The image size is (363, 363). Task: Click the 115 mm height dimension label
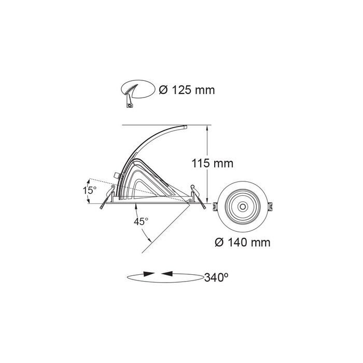click(213, 163)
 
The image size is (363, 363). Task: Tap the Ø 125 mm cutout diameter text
click(187, 90)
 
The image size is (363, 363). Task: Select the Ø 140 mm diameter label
click(243, 243)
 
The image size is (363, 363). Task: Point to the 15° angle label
click(90, 190)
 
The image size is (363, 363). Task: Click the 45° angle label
click(141, 221)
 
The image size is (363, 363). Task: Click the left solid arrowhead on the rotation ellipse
click(149, 274)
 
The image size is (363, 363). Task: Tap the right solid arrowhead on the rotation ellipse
click(167, 274)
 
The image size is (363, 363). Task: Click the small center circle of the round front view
click(243, 206)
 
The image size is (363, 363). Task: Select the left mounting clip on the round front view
click(215, 206)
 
